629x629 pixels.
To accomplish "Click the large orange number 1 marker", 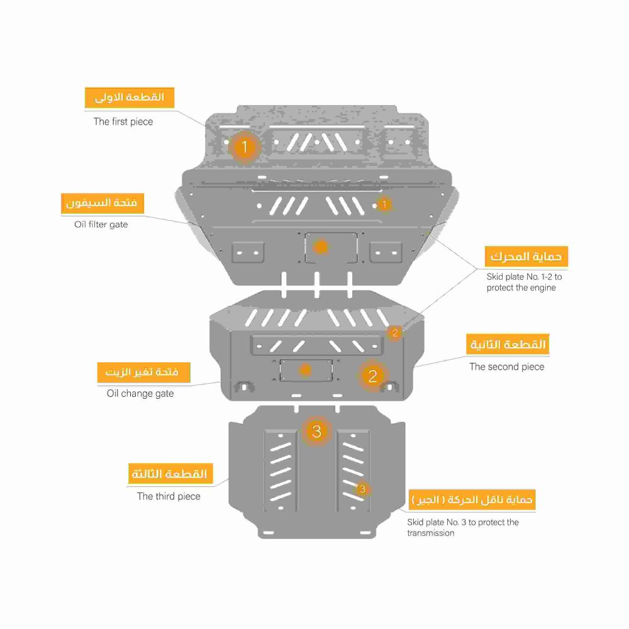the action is click(x=244, y=147).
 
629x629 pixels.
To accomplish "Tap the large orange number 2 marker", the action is click(x=372, y=376).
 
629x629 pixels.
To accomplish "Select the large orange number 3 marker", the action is click(x=316, y=431).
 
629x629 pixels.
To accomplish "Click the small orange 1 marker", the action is click(x=384, y=204).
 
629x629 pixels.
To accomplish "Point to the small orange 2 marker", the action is click(x=395, y=333).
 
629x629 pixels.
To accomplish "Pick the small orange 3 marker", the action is click(x=362, y=489).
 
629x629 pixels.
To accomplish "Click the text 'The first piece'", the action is click(x=123, y=121).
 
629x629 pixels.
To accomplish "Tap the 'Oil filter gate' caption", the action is click(x=101, y=225).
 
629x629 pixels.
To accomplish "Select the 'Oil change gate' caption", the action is click(x=140, y=394).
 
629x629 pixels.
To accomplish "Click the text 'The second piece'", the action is click(x=506, y=367).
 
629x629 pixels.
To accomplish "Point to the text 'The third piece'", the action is click(x=169, y=496).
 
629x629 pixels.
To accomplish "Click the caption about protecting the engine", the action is click(x=524, y=282).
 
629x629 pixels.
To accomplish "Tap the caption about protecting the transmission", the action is click(x=463, y=528).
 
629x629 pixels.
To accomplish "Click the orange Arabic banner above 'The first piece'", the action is click(x=130, y=97).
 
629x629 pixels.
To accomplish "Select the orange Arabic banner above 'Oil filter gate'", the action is click(x=103, y=203).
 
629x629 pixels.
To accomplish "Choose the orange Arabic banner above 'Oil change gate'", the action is click(x=143, y=372).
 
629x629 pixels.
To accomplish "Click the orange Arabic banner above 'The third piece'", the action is click(x=170, y=474).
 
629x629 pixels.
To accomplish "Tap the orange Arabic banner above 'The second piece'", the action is click(x=508, y=344).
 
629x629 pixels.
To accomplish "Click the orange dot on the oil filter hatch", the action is click(x=321, y=247).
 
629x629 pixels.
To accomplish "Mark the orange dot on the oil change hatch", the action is click(x=305, y=369).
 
